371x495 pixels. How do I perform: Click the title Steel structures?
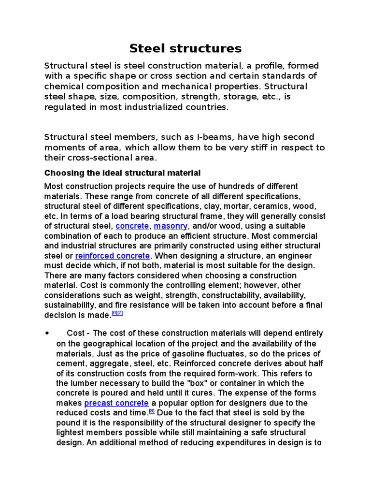[185, 48]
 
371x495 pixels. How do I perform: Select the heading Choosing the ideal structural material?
[122, 173]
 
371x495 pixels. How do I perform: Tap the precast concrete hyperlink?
[116, 403]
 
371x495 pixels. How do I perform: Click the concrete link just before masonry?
[132, 226]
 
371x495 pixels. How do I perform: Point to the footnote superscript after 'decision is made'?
[117, 313]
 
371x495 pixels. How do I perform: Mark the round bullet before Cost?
[47, 334]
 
